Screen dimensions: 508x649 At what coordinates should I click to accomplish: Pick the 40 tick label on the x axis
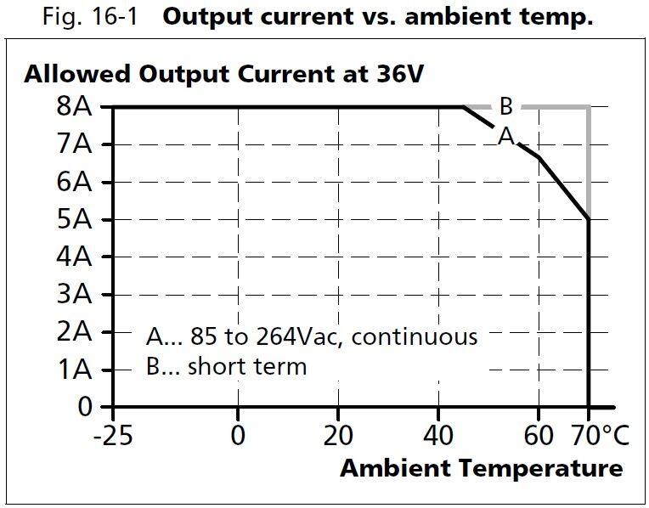tap(438, 436)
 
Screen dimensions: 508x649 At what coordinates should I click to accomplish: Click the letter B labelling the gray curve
tap(505, 107)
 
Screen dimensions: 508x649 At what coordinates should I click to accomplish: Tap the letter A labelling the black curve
tap(506, 136)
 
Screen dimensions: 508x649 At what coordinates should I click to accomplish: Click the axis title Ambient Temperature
tap(482, 468)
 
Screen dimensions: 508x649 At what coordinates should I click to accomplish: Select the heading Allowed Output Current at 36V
tap(223, 74)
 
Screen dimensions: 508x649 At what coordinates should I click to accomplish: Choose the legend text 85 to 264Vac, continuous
tap(312, 336)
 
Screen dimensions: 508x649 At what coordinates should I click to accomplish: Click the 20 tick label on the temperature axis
tap(338, 436)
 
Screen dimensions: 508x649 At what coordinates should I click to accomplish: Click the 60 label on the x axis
tap(538, 436)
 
